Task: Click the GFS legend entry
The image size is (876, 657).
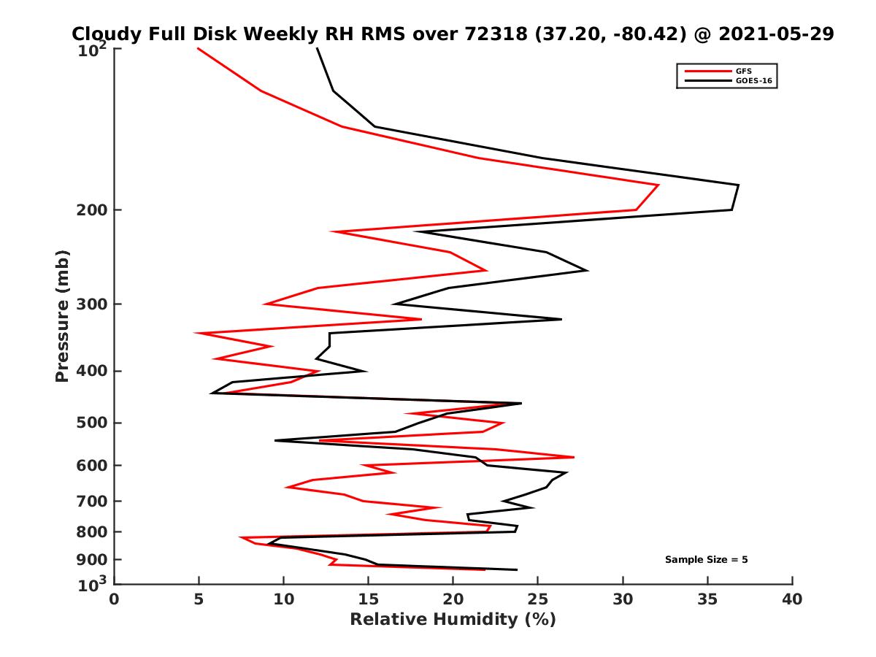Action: coord(742,71)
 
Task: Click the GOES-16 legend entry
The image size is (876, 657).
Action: coord(753,81)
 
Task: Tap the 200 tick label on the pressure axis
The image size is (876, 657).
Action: coord(91,210)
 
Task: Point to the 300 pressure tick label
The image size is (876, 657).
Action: coord(91,304)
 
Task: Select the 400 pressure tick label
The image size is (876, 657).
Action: coord(91,371)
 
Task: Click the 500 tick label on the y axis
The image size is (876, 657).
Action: coord(91,423)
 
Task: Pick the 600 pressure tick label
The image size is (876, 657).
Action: coord(91,465)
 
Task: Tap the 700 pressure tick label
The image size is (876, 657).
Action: coord(91,501)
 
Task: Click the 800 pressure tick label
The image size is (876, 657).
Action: coord(91,531)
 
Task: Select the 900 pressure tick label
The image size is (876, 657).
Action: coord(91,559)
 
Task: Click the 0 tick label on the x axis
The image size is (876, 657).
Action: coord(115,599)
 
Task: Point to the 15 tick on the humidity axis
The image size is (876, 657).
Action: coord(369,599)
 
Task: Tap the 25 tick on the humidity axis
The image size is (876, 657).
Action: coord(538,599)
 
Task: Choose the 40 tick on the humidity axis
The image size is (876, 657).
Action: coord(792,599)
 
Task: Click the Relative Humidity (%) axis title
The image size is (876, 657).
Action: coord(453,620)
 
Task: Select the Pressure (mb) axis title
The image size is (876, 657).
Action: coord(62,315)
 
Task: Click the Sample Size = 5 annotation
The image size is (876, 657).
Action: coord(706,560)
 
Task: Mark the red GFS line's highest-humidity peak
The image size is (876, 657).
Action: coord(658,185)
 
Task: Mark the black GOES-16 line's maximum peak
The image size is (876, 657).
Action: coord(738,185)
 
